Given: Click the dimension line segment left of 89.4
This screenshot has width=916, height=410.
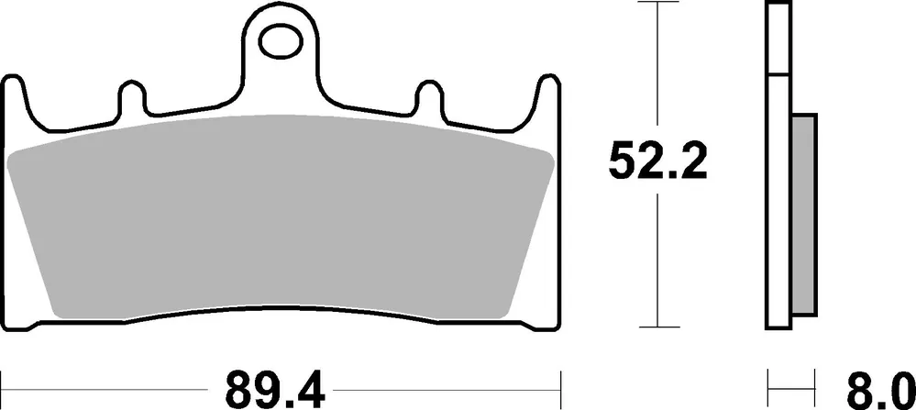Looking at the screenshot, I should (110, 379).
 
